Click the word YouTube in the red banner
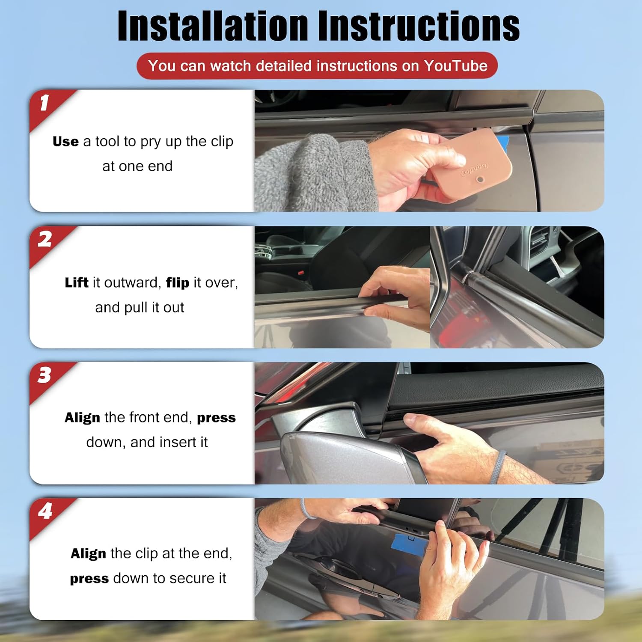click(456, 65)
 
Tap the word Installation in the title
click(213, 26)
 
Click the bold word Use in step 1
click(65, 141)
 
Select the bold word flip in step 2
click(178, 282)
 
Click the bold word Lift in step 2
click(77, 282)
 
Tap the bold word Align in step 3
click(82, 418)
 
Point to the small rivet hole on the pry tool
click(480, 180)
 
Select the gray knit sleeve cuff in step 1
click(317, 173)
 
